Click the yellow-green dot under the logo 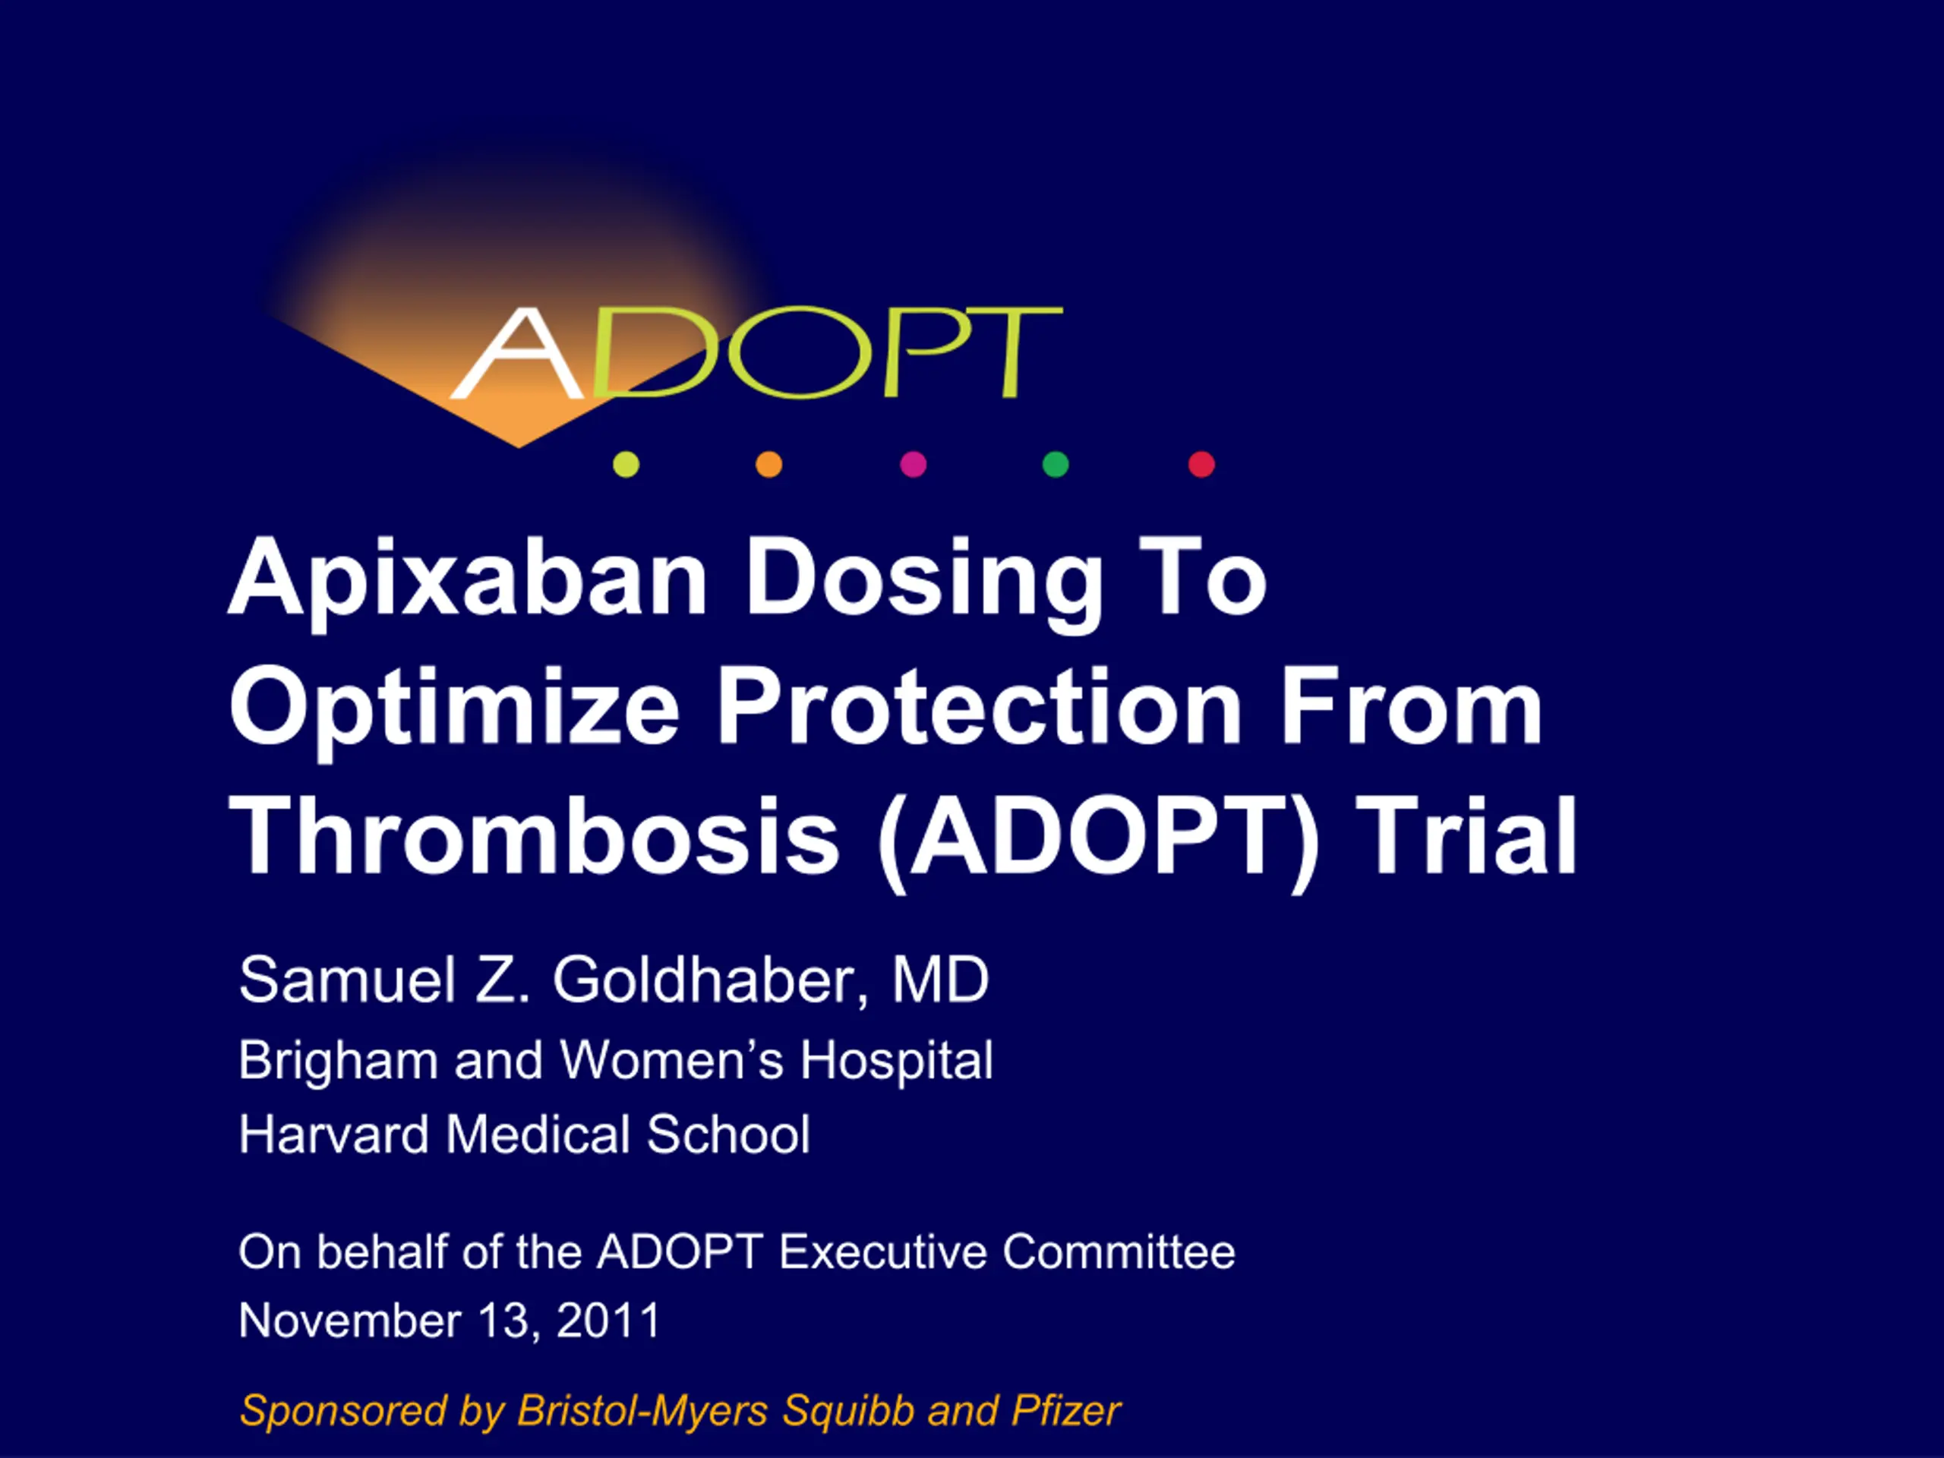coord(626,464)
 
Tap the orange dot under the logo coord(769,464)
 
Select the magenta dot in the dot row coord(913,464)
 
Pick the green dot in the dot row coord(1056,464)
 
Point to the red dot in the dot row coord(1201,464)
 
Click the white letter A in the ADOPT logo coord(517,353)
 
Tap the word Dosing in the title coord(923,581)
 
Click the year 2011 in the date coord(608,1320)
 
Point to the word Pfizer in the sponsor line coord(1066,1411)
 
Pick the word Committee coord(1119,1251)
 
